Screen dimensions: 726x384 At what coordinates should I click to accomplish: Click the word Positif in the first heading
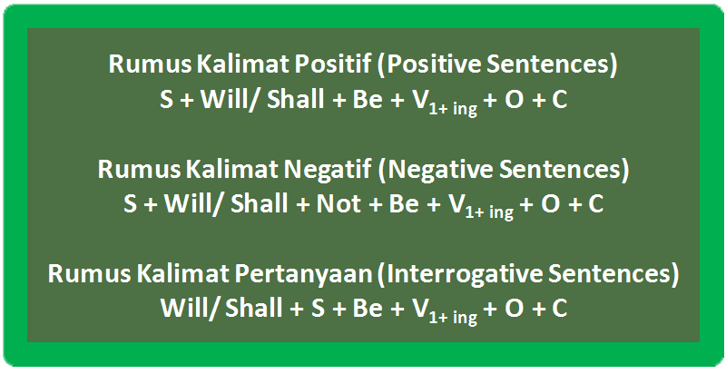coord(333,64)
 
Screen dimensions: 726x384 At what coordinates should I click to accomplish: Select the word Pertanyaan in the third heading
coord(304,273)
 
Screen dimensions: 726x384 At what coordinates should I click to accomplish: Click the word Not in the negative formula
coord(338,204)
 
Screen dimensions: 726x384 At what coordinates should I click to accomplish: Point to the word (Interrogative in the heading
coord(460,273)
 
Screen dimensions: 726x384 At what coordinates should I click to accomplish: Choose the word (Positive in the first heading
coord(428,64)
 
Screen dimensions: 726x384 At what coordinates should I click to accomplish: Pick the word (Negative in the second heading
coord(435,169)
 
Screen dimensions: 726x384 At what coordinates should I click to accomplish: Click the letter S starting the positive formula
coord(167,99)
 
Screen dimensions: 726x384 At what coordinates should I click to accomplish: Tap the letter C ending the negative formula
coord(596,204)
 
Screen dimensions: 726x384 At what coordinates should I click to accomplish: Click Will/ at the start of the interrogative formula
coord(189,308)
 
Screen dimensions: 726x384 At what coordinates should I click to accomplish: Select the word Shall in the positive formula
coord(296,99)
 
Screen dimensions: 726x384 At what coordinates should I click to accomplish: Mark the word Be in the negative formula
coord(404,204)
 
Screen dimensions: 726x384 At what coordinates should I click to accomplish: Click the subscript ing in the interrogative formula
coord(465,318)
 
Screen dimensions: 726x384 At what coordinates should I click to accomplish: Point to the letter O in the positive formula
coord(514,99)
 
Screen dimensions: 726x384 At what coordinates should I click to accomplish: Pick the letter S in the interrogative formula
coord(318,308)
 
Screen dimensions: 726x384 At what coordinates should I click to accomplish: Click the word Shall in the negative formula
coord(259,204)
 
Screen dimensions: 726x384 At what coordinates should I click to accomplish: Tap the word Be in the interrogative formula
coord(368,308)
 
